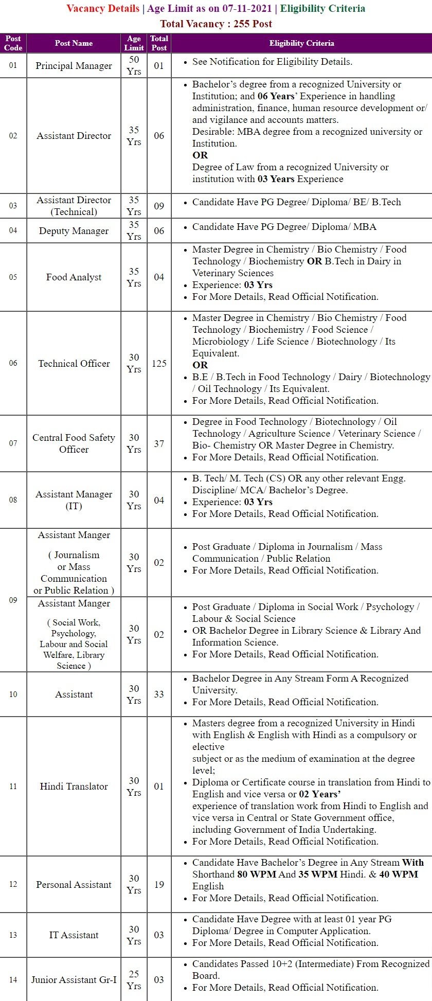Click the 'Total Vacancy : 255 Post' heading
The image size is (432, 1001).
coord(216,24)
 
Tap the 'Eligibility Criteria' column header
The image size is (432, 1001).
coord(301,43)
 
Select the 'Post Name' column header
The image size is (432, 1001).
coord(74,43)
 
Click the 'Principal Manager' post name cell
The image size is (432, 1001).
coord(74,66)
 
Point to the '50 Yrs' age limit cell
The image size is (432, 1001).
coord(134,66)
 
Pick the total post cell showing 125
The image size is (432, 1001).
coord(159,363)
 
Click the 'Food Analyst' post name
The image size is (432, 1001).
coord(74,277)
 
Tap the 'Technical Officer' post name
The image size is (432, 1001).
coord(74,363)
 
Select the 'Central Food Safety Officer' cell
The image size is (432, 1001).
coord(74,443)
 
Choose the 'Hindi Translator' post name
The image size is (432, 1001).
coord(74,786)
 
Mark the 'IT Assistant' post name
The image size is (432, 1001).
coord(74,935)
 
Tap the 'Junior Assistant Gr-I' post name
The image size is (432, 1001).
coord(74,980)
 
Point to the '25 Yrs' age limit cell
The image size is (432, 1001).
coord(134,980)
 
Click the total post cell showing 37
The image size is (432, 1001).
coord(159,443)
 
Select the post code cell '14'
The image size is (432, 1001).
coord(13,980)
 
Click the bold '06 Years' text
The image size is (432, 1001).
coord(277,96)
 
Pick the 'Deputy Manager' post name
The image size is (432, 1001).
coord(74,231)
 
